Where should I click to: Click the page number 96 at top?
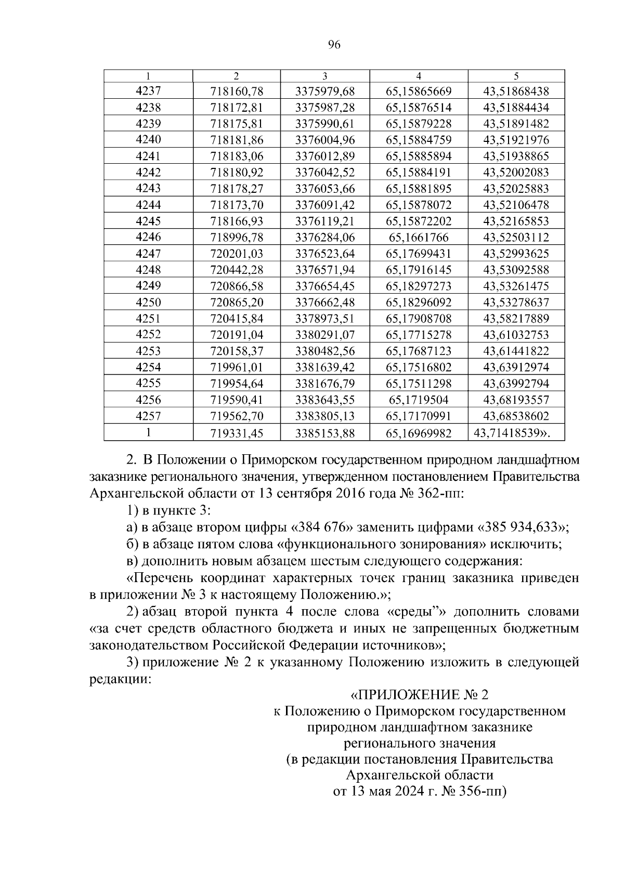click(334, 45)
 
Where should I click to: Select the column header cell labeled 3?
click(324, 75)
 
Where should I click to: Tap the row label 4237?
click(148, 91)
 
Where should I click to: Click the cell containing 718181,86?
click(237, 140)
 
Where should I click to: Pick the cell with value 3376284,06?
click(324, 238)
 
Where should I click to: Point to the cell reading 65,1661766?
click(419, 238)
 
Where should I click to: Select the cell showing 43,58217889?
click(516, 319)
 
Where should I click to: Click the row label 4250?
click(148, 302)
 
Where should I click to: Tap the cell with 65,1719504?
click(419, 400)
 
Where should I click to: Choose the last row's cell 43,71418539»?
click(512, 432)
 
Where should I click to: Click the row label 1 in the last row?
click(148, 432)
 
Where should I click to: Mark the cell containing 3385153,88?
click(324, 432)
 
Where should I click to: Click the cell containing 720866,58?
click(237, 286)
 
